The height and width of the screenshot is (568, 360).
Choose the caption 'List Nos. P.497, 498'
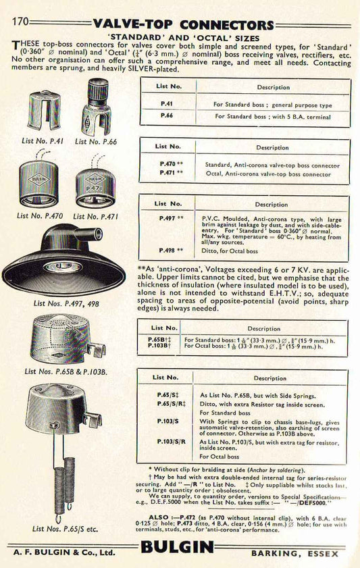tap(61, 304)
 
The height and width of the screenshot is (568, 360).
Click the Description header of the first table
tap(273, 87)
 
